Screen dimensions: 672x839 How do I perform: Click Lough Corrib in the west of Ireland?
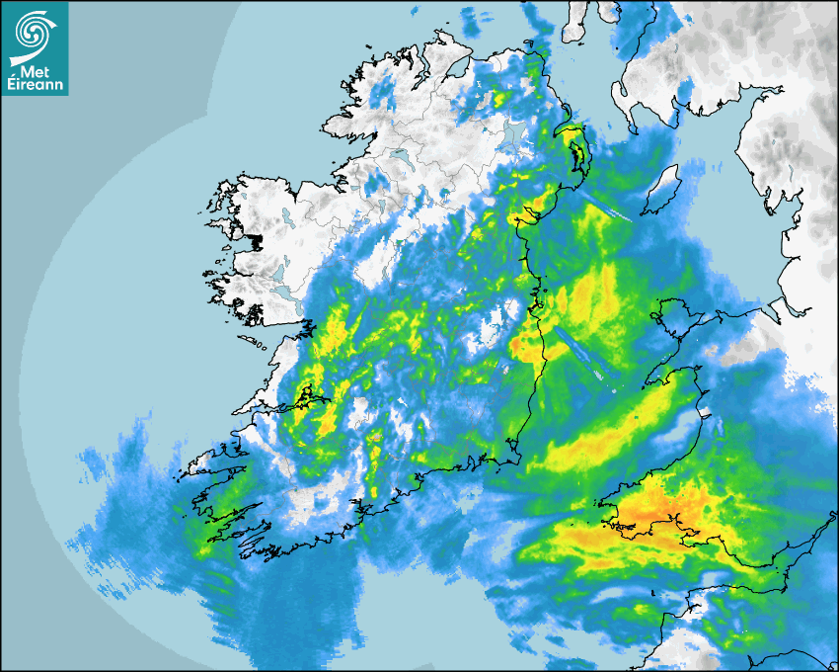pos(286,287)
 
